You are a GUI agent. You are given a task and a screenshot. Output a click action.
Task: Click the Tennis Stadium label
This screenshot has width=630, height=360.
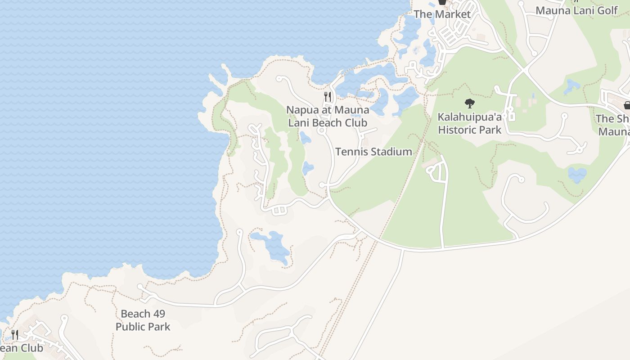point(373,152)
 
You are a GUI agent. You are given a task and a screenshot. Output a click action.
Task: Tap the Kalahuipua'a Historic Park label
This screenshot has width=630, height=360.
point(470,124)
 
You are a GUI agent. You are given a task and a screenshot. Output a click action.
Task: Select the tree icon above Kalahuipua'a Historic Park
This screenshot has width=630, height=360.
point(469,103)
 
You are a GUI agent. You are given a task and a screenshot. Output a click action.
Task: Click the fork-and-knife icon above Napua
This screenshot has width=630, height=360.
point(328,96)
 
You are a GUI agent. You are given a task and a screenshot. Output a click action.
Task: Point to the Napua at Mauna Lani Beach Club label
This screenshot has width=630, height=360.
point(328,116)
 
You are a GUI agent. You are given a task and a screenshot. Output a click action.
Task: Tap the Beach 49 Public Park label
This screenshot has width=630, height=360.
point(143,320)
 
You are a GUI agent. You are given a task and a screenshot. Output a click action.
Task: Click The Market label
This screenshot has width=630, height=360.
point(442,14)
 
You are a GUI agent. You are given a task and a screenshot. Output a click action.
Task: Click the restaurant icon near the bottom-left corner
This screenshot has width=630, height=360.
point(15,334)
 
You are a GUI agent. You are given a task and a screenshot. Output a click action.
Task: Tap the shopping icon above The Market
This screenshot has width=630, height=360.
point(442,2)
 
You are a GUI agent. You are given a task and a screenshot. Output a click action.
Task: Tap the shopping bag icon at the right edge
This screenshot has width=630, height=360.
point(627,105)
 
